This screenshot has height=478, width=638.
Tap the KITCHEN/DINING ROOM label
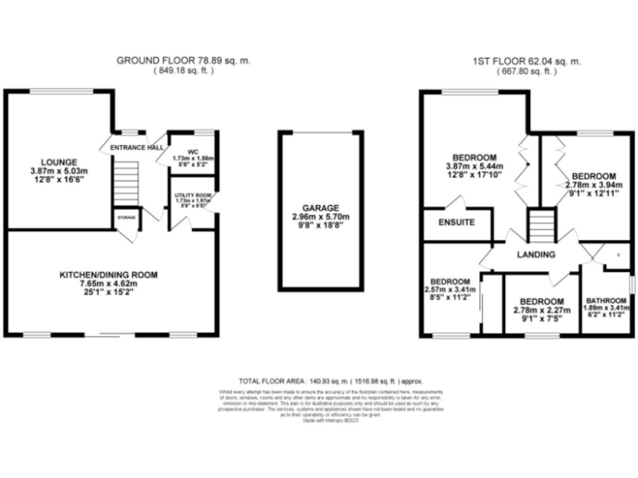108,275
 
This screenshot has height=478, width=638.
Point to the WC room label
192,152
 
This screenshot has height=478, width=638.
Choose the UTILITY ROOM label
194,195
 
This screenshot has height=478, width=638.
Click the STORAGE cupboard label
127,217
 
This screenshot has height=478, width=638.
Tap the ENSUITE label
456,222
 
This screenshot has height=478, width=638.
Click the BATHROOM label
606,300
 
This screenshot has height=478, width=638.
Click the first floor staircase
541,224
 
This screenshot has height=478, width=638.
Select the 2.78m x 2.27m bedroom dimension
542,312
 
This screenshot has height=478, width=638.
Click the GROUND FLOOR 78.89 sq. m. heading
183,61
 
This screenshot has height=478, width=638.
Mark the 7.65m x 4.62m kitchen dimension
108,285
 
